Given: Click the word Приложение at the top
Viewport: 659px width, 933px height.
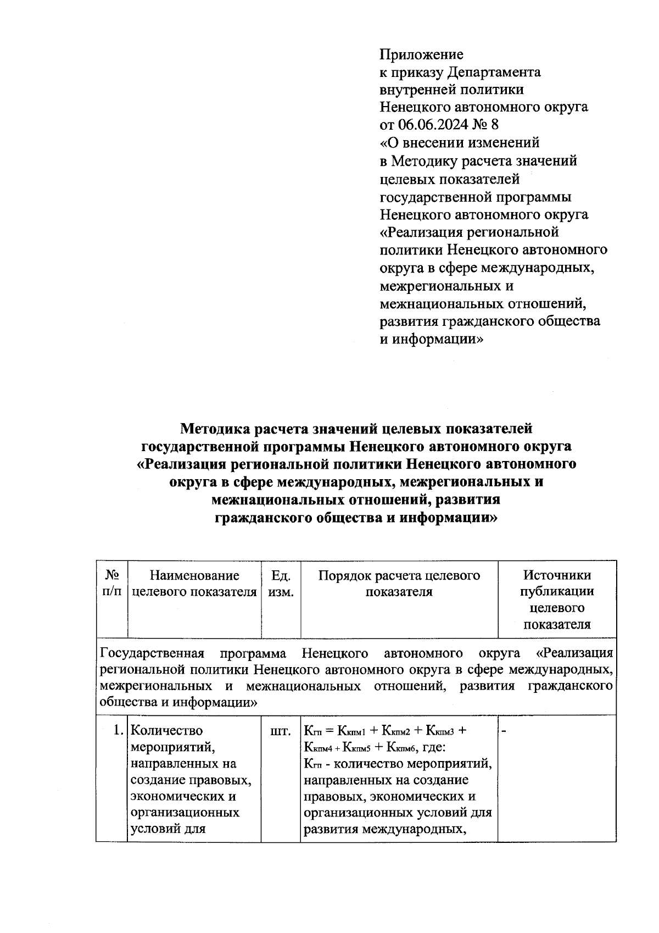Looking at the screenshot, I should pyautogui.click(x=421, y=54).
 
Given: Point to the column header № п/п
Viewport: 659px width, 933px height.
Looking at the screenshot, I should pyautogui.click(x=112, y=583).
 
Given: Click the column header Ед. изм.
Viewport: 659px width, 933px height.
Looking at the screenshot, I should pyautogui.click(x=281, y=583).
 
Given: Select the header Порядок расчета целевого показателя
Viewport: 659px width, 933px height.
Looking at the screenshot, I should pyautogui.click(x=399, y=583).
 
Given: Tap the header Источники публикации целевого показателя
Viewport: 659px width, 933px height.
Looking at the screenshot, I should pyautogui.click(x=557, y=599).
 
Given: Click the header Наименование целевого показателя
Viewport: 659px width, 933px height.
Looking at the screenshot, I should pyautogui.click(x=194, y=583).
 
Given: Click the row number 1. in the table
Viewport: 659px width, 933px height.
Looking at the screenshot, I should pyautogui.click(x=117, y=731).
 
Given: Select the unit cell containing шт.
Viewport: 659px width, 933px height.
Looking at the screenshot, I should pyautogui.click(x=281, y=731).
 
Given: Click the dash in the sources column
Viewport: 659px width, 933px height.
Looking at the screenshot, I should pyautogui.click(x=504, y=731).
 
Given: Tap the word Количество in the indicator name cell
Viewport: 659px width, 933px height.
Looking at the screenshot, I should pyautogui.click(x=167, y=731).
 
